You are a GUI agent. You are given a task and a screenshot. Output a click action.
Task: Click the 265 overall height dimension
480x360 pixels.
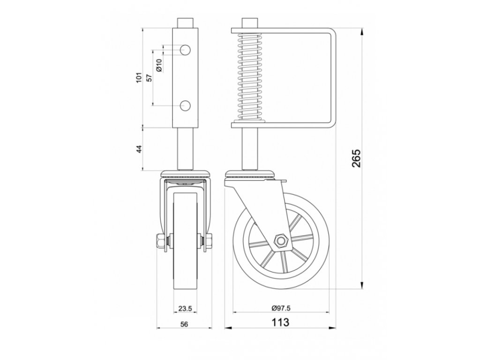click(356, 159)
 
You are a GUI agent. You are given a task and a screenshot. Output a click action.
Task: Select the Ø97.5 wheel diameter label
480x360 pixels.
click(280, 308)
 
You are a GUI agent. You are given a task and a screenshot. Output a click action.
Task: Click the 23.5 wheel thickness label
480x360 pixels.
click(185, 308)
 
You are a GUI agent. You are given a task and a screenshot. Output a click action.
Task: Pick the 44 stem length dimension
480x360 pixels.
click(139, 149)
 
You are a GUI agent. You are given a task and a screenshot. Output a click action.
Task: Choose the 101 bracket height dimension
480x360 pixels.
click(139, 77)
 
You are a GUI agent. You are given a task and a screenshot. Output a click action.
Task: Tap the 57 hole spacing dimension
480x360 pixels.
click(149, 77)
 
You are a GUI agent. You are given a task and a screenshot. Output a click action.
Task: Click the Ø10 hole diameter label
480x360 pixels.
click(159, 65)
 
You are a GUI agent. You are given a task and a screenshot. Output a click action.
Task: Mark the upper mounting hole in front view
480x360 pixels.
click(185, 49)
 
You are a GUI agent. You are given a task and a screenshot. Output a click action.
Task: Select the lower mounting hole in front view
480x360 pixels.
click(185, 105)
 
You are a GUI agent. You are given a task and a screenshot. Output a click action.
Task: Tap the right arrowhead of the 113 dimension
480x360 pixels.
click(332, 326)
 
